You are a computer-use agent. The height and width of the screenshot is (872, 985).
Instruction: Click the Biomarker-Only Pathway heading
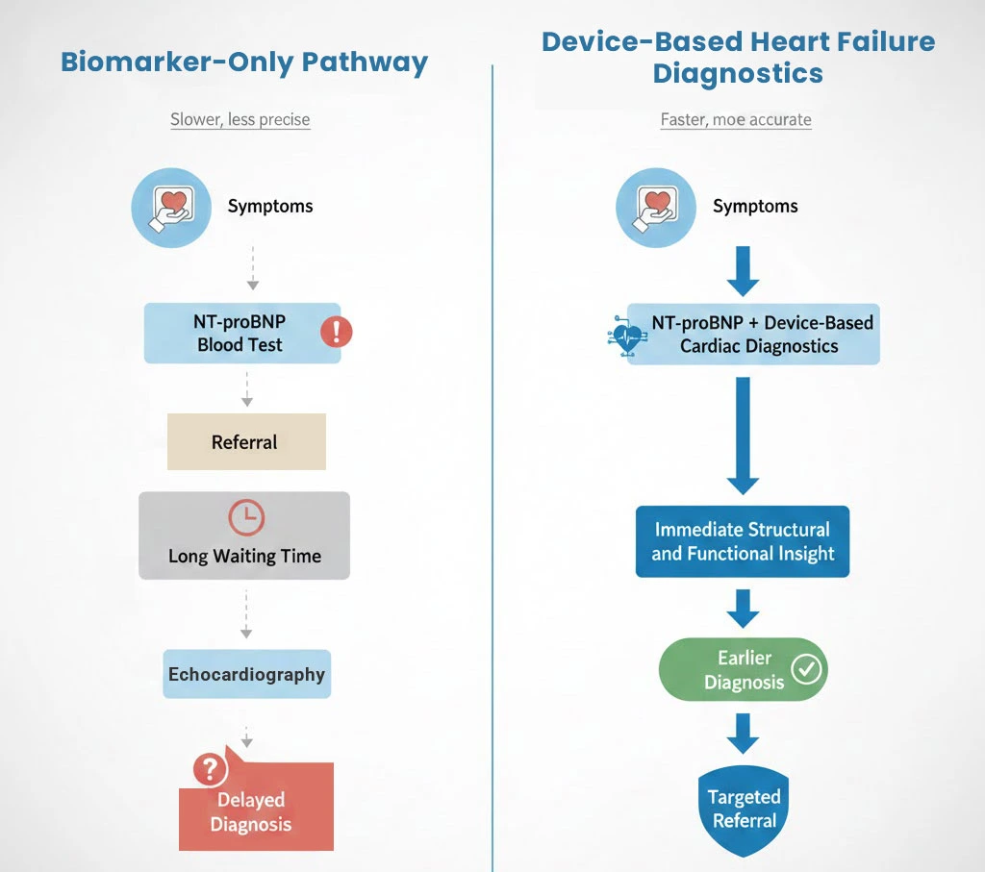[x=244, y=62]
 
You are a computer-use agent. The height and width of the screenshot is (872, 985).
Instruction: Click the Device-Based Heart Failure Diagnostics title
[x=738, y=58]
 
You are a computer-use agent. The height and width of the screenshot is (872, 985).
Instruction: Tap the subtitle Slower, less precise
[x=240, y=120]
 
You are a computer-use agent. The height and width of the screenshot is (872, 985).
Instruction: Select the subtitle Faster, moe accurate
[x=736, y=120]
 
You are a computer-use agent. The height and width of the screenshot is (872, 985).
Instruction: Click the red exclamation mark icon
[x=337, y=333]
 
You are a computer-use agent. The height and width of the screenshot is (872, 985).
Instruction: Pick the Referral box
[x=246, y=442]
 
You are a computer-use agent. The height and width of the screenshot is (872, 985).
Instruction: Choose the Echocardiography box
[x=246, y=674]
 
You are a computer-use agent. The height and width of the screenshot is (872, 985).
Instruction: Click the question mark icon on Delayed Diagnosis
[x=210, y=769]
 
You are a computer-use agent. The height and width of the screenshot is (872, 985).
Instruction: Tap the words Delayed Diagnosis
[x=252, y=812]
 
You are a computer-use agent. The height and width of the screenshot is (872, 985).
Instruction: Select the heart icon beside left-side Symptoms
[x=171, y=207]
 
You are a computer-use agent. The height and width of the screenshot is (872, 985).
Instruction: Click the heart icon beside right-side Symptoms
[x=656, y=207]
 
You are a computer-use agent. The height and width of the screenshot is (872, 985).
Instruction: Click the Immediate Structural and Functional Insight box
[x=742, y=541]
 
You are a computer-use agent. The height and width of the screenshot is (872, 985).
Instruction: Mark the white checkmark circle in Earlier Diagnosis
[x=806, y=668]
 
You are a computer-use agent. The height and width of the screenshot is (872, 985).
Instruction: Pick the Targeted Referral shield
[x=743, y=810]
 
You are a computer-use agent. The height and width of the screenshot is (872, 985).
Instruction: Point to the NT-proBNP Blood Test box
[x=241, y=334]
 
